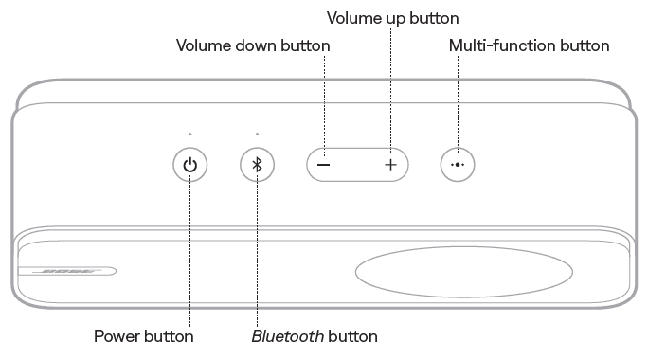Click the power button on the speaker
pos(190,165)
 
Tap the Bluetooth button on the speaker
pos(257,165)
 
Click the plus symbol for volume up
pos(390,164)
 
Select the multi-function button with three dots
pos(458,164)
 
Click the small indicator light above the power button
pos(190,134)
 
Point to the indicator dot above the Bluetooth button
pos(257,134)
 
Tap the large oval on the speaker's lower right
pos(464,273)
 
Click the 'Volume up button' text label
pos(392,18)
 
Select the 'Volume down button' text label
pos(253,45)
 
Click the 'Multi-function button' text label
pos(528,45)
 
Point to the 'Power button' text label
pos(143,336)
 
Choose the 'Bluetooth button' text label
pos(315,336)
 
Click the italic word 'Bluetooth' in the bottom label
pos(285,336)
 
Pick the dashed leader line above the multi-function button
pos(458,99)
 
